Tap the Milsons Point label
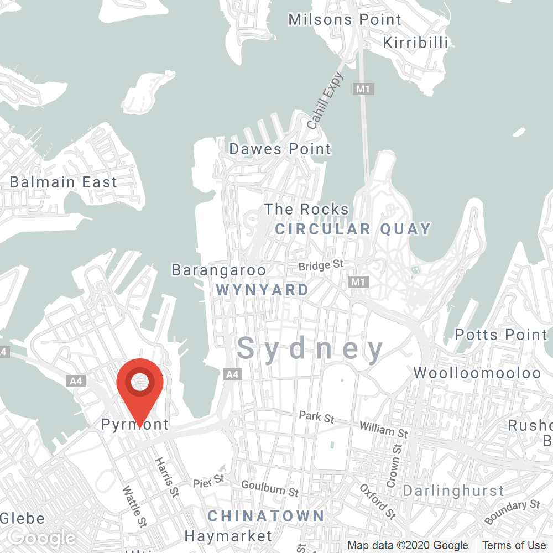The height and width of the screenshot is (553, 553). (x=345, y=19)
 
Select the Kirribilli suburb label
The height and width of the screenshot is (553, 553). (x=415, y=43)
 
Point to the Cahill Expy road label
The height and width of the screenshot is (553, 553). (x=325, y=101)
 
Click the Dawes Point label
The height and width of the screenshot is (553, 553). (x=280, y=149)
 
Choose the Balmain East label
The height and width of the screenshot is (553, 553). (x=64, y=182)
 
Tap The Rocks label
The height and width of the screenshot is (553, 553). (x=306, y=209)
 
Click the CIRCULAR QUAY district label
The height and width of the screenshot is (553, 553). (x=353, y=229)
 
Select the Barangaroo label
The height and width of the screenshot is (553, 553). (x=218, y=270)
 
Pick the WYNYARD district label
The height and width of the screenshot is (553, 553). (x=263, y=289)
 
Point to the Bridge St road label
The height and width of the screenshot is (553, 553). (x=321, y=266)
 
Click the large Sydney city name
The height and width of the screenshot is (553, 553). (x=310, y=349)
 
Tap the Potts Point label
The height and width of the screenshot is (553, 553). (x=501, y=335)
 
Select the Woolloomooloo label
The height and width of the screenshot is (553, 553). (x=478, y=372)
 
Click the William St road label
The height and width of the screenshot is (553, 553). (x=384, y=429)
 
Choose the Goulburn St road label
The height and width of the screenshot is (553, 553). (x=270, y=488)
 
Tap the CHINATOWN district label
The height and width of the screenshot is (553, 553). (x=266, y=516)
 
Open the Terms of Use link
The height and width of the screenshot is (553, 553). (x=514, y=546)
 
